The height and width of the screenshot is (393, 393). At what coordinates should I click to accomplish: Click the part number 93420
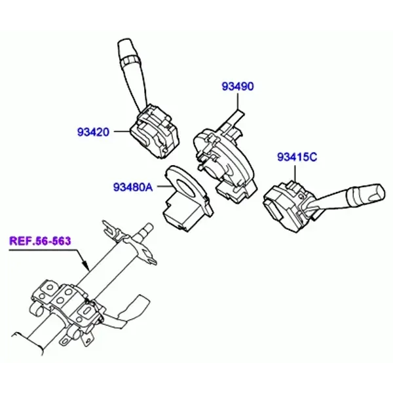coord(93,132)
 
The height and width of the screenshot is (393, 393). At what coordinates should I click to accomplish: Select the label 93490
coord(238,86)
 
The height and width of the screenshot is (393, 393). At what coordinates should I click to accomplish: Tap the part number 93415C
coord(297,157)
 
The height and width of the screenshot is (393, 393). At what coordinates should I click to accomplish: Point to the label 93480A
coord(133,187)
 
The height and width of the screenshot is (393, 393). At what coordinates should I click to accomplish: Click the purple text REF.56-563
coord(40,241)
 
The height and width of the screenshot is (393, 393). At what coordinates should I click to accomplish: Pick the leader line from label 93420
coord(122,132)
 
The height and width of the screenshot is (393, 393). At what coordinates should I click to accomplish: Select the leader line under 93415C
coord(295,173)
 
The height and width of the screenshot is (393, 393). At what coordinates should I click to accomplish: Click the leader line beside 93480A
coord(164,187)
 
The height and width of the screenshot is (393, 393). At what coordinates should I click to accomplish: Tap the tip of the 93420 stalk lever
coord(124,40)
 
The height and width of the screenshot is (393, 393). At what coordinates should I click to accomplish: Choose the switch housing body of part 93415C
coord(288,206)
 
